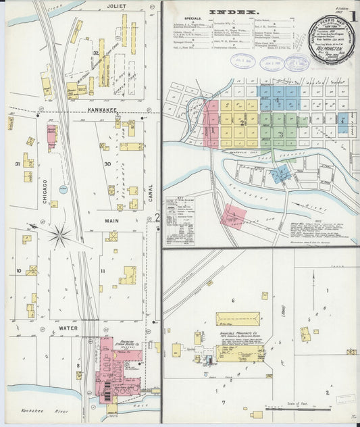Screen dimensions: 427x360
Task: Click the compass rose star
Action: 61,236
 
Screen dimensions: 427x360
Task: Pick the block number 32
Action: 97,52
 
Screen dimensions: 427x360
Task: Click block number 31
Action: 17,164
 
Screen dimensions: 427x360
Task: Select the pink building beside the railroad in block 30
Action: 52,135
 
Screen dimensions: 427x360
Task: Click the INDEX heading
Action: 233,12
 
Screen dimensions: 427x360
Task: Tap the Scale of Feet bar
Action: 308,408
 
